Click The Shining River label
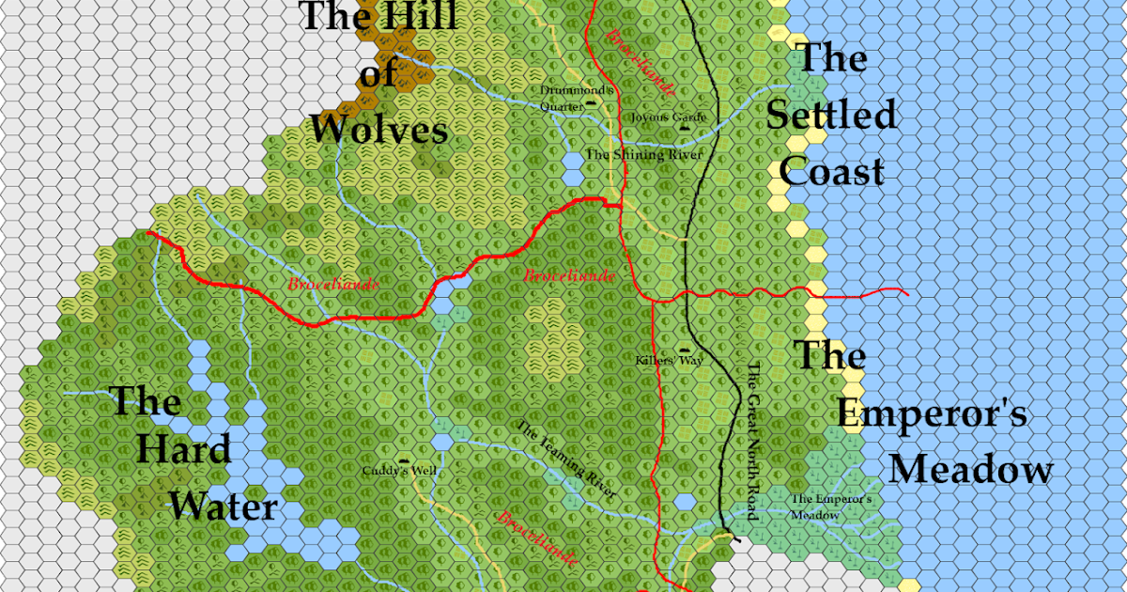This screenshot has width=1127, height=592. click(644, 153)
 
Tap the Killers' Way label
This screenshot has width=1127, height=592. click(669, 360)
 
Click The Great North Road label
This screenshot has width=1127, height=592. click(751, 441)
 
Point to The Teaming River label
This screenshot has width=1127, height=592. click(567, 460)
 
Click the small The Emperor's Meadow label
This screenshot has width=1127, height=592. click(832, 507)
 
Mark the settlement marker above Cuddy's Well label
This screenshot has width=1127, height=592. click(404, 459)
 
